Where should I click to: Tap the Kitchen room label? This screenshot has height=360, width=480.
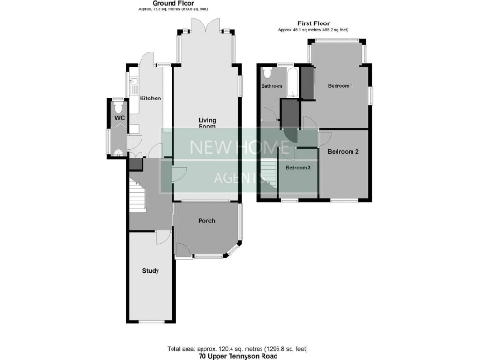[150, 97]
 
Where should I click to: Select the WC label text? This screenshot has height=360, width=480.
[119, 119]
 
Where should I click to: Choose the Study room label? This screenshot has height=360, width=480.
[151, 271]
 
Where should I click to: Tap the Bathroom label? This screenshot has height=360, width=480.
[272, 85]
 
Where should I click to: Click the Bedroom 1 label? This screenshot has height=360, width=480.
[339, 85]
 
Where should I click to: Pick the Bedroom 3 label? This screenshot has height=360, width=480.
[298, 167]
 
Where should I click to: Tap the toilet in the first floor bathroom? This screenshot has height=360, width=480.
[269, 71]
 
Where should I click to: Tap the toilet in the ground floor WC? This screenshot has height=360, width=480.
[118, 105]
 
